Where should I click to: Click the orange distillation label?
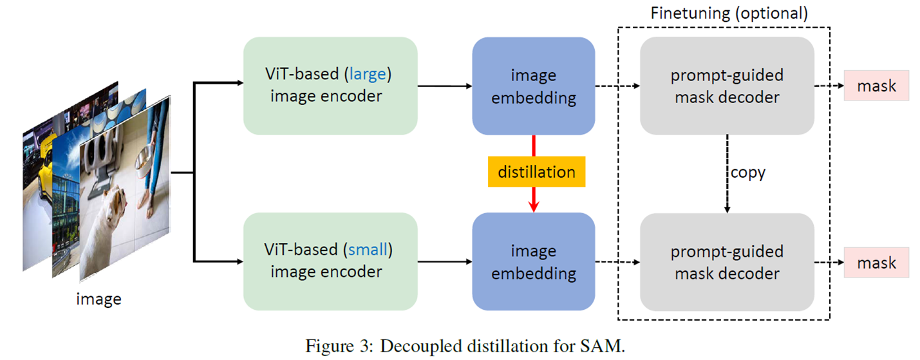[x=536, y=171]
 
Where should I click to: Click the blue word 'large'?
[x=368, y=74]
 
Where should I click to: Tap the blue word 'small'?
[x=368, y=249]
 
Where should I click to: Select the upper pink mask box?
[x=876, y=86]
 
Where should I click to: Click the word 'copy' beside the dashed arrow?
[x=747, y=173]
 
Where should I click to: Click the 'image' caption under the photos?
[x=99, y=299]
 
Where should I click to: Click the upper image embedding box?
[x=533, y=86]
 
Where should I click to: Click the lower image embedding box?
[x=533, y=261]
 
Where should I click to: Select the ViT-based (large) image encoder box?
[x=330, y=86]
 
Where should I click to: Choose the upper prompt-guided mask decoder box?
[x=727, y=86]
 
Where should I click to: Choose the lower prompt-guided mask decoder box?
[x=727, y=261]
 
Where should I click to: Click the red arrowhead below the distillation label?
[x=533, y=205]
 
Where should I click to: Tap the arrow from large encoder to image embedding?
[x=444, y=86]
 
